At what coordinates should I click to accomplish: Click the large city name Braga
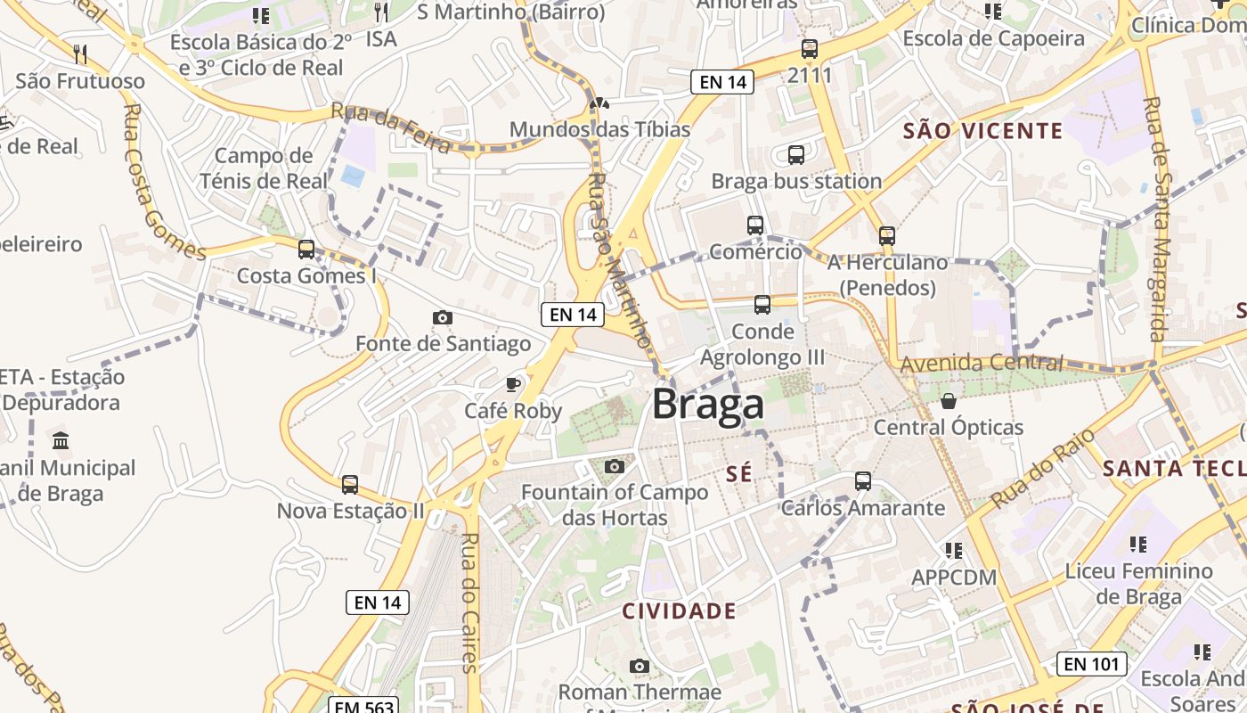[708, 404]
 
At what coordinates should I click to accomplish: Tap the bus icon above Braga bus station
[796, 155]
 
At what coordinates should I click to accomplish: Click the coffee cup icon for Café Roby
[513, 384]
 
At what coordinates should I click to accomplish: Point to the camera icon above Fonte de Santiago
[442, 317]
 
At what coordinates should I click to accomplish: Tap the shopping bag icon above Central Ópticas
[949, 401]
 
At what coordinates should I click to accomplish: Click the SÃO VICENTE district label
[982, 131]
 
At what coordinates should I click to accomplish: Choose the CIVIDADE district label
[679, 611]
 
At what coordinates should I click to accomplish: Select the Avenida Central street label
[982, 363]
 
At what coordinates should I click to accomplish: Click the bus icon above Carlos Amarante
[862, 481]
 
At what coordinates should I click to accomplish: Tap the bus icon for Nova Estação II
[350, 485]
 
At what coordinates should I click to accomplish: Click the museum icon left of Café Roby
[61, 440]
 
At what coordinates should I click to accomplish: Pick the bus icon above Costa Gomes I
[306, 250]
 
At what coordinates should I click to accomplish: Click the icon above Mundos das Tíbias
[599, 103]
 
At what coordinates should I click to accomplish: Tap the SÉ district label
[739, 473]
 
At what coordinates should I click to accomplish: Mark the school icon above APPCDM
[954, 551]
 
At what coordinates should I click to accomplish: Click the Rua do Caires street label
[470, 602]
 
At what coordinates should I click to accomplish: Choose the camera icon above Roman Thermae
[639, 666]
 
